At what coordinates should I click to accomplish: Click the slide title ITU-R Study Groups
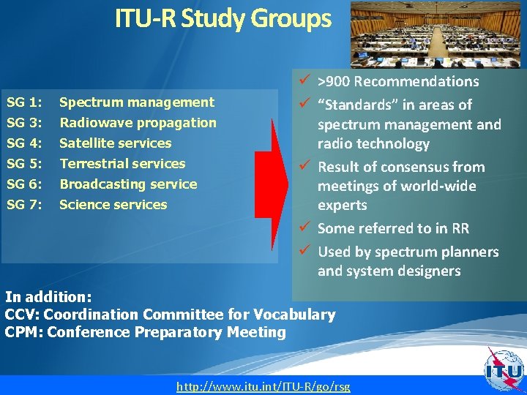tap(223, 19)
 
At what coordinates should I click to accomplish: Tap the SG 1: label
tap(23, 102)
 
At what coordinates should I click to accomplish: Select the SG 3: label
tap(23, 123)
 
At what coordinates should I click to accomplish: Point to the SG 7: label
tap(23, 205)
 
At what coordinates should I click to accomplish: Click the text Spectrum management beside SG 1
tap(137, 102)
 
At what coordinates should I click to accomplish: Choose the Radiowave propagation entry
tap(138, 123)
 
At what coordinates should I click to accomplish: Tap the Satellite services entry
tap(115, 143)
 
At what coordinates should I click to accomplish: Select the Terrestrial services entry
tap(122, 164)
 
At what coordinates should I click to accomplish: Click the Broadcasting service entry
tap(128, 184)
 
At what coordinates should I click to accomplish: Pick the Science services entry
tap(113, 205)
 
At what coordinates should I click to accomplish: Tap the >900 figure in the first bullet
tap(335, 82)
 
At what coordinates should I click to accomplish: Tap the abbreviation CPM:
tap(22, 333)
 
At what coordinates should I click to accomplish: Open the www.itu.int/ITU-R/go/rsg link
tap(263, 386)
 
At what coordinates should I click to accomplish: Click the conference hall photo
tap(436, 34)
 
